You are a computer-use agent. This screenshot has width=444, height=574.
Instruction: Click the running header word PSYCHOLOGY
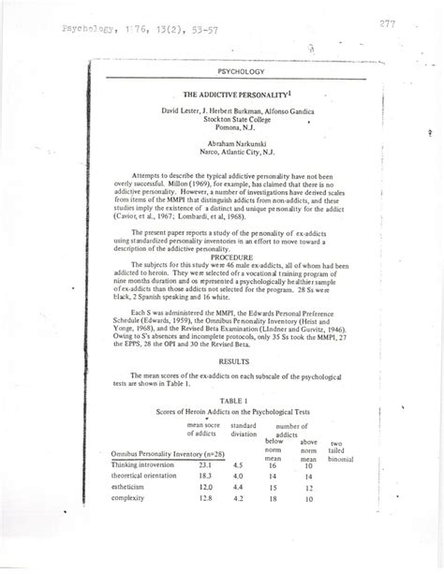(x=242, y=71)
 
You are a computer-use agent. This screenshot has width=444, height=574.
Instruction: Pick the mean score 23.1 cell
(x=208, y=489)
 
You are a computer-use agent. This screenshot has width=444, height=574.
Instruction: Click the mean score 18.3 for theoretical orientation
(x=208, y=504)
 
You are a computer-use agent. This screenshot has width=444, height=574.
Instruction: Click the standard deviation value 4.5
(x=239, y=489)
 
